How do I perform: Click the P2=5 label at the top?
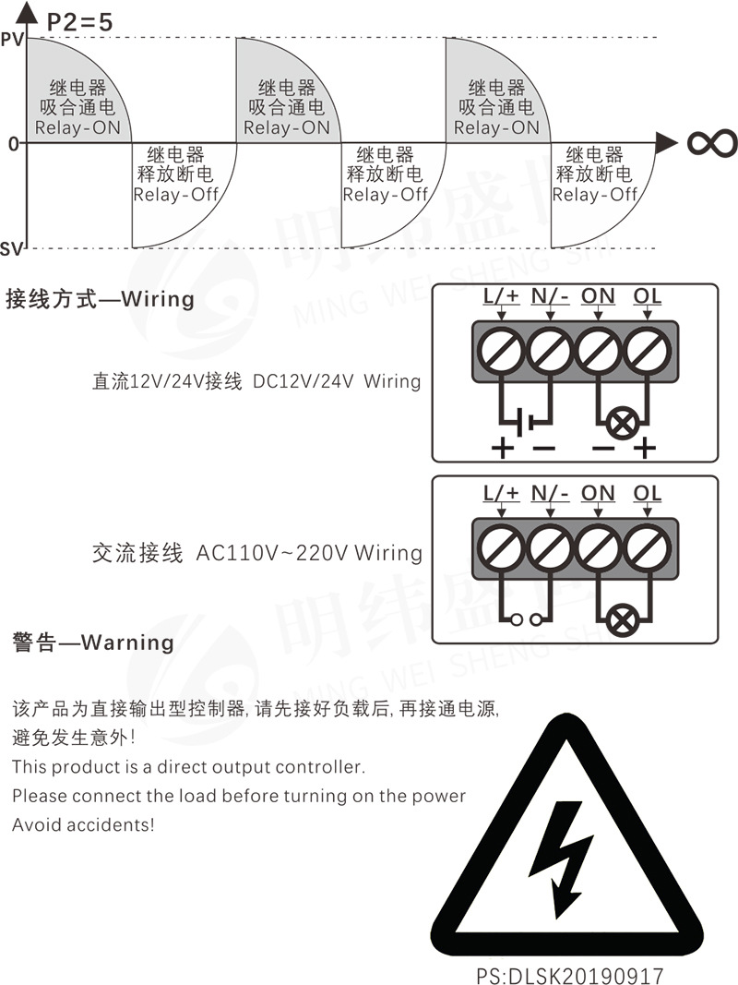point(80,21)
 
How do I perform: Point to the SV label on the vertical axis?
point(12,249)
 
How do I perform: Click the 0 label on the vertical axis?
point(13,144)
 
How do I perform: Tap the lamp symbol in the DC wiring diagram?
point(623,424)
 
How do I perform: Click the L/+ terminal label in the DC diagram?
point(502,296)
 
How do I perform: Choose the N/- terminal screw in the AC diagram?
point(551,550)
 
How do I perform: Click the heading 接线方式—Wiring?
point(100,299)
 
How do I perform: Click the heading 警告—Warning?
point(92,642)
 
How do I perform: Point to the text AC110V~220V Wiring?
point(309,553)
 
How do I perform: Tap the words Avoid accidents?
point(83,824)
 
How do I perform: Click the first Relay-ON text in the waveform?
point(79,128)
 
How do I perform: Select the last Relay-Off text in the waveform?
point(595,194)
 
